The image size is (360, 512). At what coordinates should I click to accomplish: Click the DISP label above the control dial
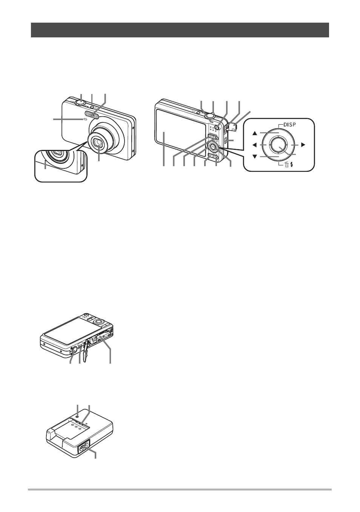290,125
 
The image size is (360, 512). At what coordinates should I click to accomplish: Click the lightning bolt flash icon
291,165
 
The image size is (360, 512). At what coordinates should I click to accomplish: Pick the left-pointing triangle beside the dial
255,145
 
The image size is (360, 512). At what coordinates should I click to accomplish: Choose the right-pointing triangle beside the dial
303,145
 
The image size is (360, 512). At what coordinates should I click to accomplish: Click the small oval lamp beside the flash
85,119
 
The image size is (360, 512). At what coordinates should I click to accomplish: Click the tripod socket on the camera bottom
74,349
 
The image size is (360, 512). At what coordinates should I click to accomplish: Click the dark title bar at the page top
180,30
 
